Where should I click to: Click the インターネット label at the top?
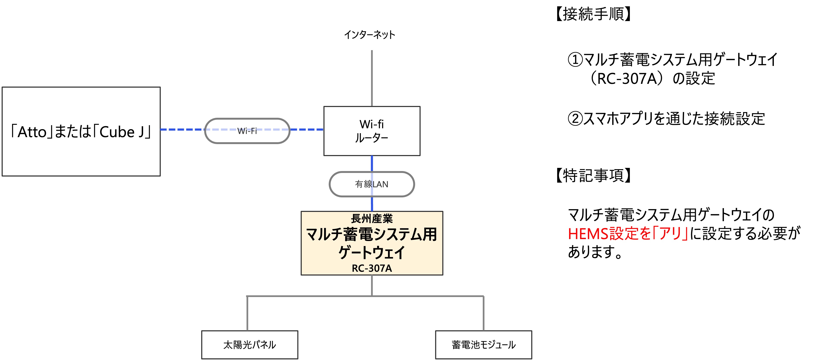click(369, 35)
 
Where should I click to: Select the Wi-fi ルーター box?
click(372, 131)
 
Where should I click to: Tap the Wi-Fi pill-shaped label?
click(247, 131)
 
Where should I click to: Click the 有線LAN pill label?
click(372, 184)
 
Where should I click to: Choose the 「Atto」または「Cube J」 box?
click(81, 131)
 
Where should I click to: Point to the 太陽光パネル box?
click(250, 344)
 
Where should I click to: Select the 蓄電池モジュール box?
click(483, 344)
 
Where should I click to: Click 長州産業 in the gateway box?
click(372, 218)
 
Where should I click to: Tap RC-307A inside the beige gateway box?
click(372, 268)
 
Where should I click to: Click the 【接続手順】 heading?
click(593, 14)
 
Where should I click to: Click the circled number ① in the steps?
click(575, 60)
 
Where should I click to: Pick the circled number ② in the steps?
click(575, 119)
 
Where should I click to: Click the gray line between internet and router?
click(372, 78)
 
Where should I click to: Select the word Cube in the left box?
click(117, 132)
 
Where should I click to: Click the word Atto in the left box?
click(32, 132)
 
